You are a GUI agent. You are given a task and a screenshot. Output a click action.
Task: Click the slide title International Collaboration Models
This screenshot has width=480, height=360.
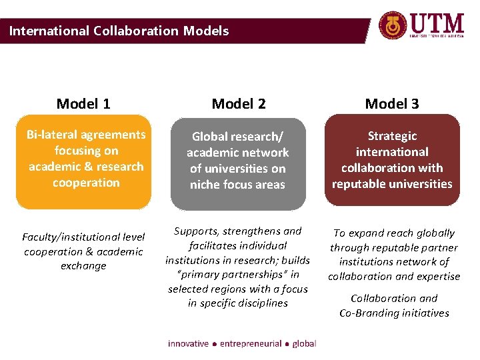(119, 31)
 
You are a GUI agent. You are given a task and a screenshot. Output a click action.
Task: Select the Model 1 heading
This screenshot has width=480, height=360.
(83, 103)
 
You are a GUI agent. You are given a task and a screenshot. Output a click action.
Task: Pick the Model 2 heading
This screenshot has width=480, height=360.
(238, 103)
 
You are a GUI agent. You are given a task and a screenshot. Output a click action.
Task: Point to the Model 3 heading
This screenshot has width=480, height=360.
(392, 103)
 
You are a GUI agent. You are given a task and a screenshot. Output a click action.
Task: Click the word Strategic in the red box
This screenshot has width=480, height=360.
(392, 136)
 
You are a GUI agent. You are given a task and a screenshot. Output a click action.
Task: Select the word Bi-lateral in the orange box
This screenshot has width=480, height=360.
(51, 135)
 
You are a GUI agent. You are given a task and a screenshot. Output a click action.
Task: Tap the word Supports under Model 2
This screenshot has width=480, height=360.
(199, 231)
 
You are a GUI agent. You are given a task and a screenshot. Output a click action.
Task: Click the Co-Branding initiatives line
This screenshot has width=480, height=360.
(394, 313)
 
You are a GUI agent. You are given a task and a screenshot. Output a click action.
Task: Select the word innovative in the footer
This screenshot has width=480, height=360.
(189, 343)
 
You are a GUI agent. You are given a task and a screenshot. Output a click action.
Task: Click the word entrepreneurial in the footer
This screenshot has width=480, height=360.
(250, 343)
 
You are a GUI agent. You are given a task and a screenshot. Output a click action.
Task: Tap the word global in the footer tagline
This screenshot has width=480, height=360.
(304, 343)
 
